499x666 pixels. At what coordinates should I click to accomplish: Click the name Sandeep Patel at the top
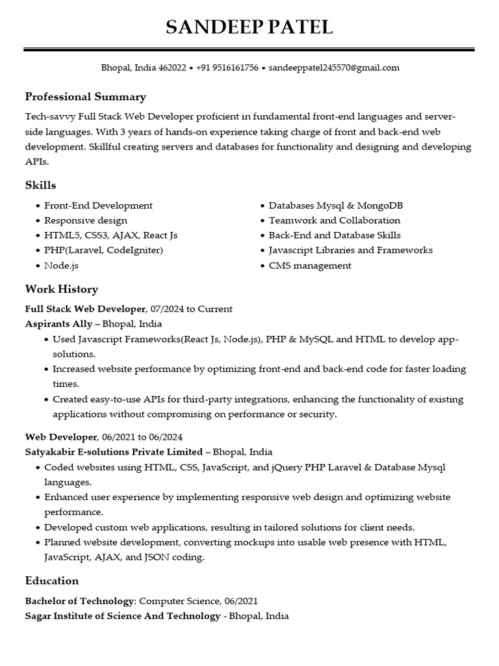coord(249,27)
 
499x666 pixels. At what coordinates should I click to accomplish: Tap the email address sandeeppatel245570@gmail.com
coord(334,68)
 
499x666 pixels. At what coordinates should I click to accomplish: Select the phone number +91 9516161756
coord(227,68)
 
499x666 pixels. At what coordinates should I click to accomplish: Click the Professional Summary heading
coord(85,97)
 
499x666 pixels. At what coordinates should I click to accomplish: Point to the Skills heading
coord(40,185)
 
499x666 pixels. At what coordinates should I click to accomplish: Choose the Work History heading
coord(61,289)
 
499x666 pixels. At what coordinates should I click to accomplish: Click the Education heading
coord(51,580)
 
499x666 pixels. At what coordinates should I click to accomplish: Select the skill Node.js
coord(61,265)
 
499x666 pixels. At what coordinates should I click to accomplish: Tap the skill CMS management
coord(310,265)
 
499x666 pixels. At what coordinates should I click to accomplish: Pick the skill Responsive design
coord(86,220)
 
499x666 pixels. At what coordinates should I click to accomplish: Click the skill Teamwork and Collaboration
coord(335,220)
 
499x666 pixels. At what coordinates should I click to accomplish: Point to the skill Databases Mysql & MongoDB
coord(336,206)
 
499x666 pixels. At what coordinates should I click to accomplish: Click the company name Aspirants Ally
coord(58,323)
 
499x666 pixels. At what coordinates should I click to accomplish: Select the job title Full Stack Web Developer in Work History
coord(86,308)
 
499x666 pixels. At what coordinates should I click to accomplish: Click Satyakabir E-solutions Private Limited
coord(114,451)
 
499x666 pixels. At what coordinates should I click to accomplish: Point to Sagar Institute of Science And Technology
coord(122,616)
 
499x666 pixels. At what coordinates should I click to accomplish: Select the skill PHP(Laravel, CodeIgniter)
coord(103,250)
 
